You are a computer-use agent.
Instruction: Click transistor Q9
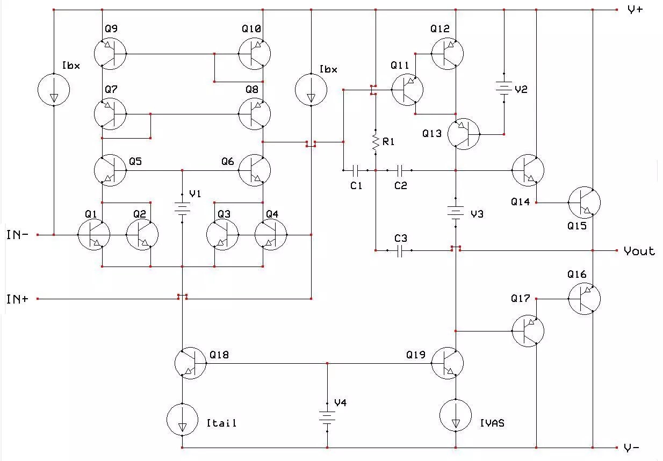point(110,54)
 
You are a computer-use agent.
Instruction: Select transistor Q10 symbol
point(254,54)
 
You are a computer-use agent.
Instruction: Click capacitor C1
point(355,171)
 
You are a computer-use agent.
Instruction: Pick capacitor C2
point(400,171)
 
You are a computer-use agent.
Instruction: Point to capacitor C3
point(400,251)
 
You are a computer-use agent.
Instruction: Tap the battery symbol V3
point(456,213)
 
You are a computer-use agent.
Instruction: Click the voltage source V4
point(327,416)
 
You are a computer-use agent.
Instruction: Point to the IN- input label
point(18,235)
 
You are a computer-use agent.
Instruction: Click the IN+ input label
point(18,299)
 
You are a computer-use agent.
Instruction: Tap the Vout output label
point(639,251)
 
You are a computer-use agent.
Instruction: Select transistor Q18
point(191,363)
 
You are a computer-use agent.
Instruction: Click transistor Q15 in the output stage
point(584,203)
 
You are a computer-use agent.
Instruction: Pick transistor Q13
point(463,134)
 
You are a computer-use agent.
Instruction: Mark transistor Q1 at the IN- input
point(93,235)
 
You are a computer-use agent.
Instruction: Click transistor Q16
point(584,298)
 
